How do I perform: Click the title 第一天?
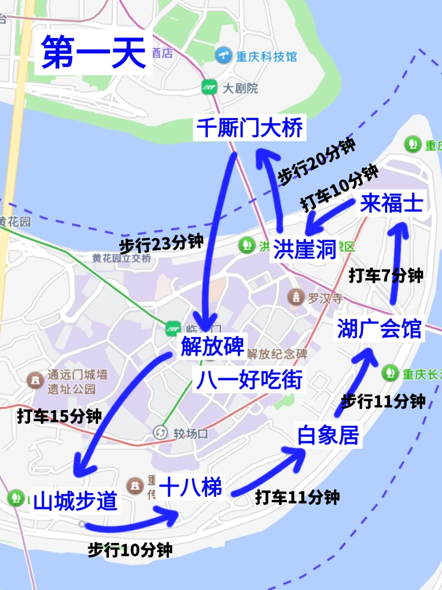pos(93,52)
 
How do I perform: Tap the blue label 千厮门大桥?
pos(250,127)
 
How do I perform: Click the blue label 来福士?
pos(392,203)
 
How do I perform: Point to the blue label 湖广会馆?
pos(379,328)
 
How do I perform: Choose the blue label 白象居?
pos(328,435)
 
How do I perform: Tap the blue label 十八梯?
pos(190,487)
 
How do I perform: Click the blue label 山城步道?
pos(75,501)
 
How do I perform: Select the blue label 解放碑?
pos(212,346)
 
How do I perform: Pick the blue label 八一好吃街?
pos(249,379)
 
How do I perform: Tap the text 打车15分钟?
pos(59,416)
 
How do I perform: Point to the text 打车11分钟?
pos(298,497)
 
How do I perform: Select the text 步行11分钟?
pos(383,401)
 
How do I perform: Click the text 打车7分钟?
pos(386,276)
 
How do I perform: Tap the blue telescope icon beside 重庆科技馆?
pos(223,55)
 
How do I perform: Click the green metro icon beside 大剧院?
pos(210,87)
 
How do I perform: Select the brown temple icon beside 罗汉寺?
pos(296,297)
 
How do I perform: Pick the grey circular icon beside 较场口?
pos(160,433)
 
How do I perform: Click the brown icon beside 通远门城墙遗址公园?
pos(35,380)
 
